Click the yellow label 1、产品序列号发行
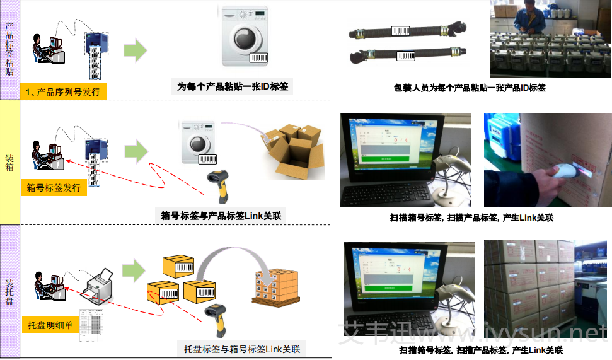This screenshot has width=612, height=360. pos(63,92)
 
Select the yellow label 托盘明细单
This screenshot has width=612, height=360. pos(50,325)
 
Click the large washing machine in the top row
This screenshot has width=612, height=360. pos(245,37)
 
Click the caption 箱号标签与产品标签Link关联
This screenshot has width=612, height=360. pos(220,216)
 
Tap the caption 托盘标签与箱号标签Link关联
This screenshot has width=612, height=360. pos(242,349)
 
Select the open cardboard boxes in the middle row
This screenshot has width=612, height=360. pos(292,149)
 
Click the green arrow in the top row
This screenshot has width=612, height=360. pos(135,51)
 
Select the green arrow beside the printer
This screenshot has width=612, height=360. pos(133,270)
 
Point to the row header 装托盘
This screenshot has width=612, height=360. pos(9,291)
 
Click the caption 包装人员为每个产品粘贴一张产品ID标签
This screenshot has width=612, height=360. pos(470,88)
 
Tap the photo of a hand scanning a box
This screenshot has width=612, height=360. pos(546,160)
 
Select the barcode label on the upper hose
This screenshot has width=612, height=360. pos(401,30)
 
